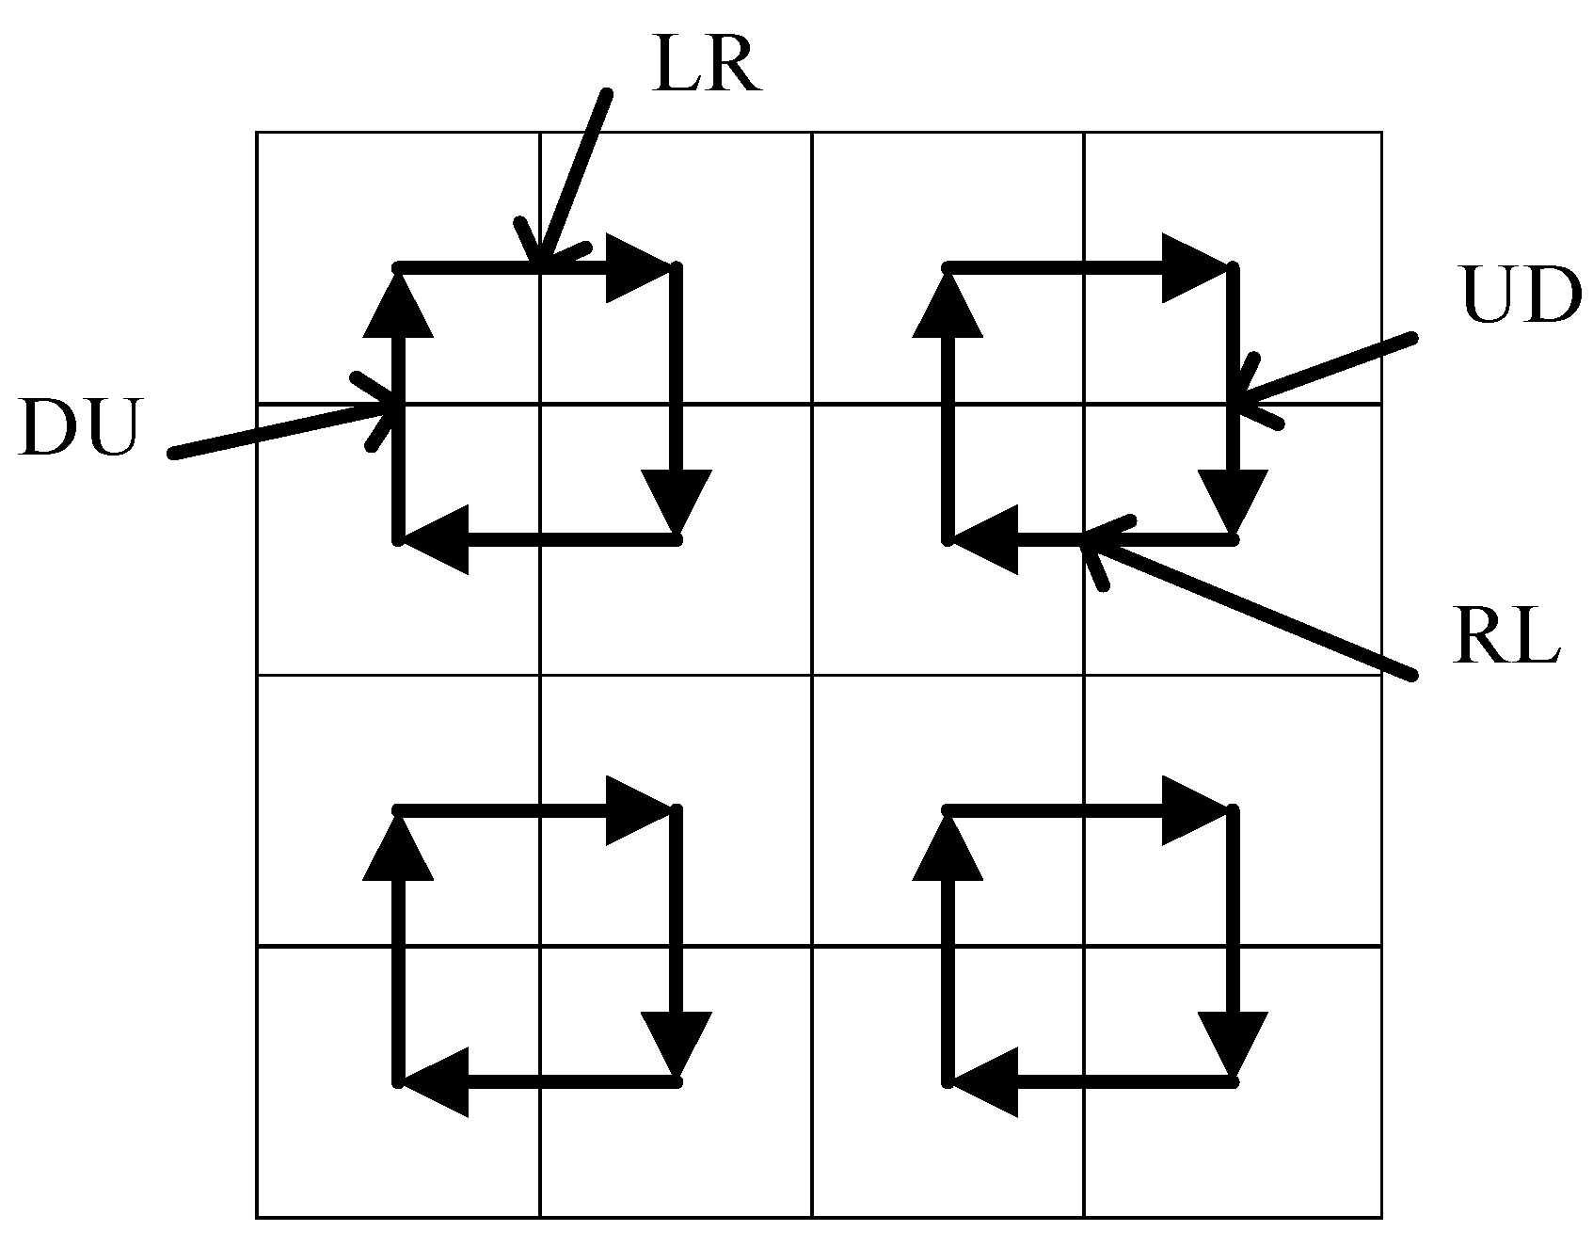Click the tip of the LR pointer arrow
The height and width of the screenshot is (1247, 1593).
(538, 264)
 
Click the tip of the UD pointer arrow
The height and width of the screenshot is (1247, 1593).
(1235, 402)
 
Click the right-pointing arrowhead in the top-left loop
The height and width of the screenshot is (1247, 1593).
(639, 268)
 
